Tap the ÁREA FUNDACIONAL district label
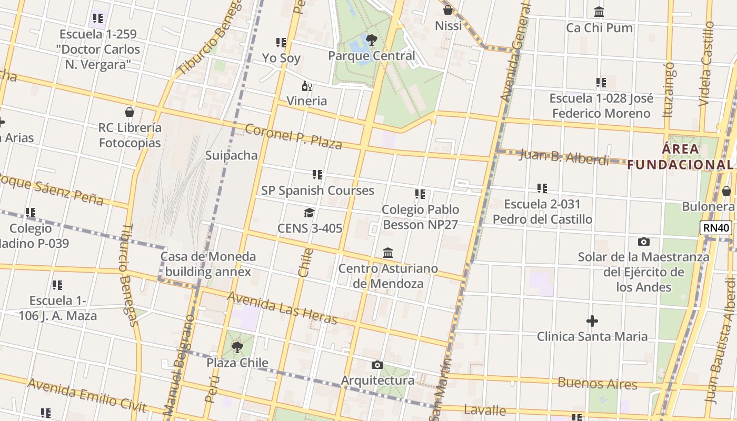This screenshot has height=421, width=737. tap(680, 157)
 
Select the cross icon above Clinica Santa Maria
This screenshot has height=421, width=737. tap(592, 321)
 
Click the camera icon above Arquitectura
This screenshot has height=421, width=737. tap(377, 365)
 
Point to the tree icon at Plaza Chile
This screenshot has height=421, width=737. tap(237, 347)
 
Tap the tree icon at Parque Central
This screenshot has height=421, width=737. tap(371, 39)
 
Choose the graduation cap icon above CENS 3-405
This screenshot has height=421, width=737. tap(310, 213)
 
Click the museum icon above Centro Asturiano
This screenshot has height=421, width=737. tap(388, 253)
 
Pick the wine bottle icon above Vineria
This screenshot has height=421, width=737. tap(306, 86)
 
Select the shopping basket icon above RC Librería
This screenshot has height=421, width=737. tap(130, 112)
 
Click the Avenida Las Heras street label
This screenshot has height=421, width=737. tap(282, 307)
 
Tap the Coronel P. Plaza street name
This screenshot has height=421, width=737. tap(293, 136)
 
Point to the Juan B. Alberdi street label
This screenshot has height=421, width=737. tap(564, 157)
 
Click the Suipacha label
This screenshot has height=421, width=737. tap(231, 155)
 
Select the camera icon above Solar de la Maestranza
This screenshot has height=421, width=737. tap(643, 242)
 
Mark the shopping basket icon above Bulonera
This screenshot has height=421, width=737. tap(726, 191)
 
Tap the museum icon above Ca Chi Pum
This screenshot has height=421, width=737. tap(599, 12)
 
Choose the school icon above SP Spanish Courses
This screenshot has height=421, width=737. tap(317, 175)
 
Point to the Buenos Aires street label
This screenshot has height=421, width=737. tap(597, 383)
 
